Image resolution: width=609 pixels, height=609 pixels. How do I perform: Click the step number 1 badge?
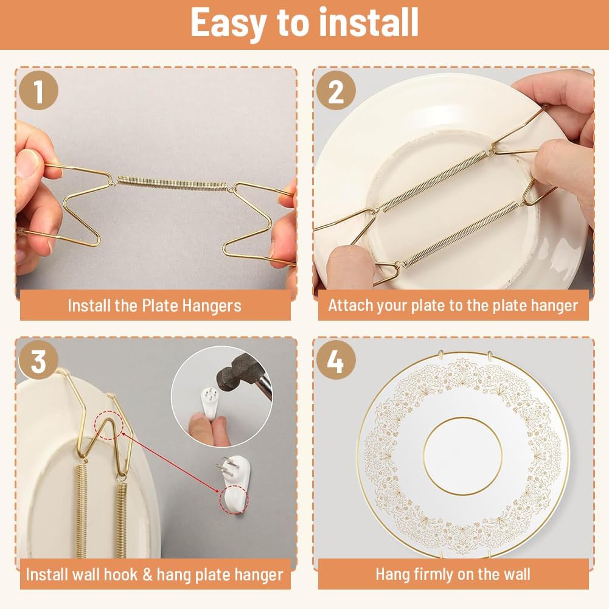point(38,92)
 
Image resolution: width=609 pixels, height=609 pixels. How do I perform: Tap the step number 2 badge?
point(336,92)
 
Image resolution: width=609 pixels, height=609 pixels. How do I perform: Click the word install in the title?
point(360,23)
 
